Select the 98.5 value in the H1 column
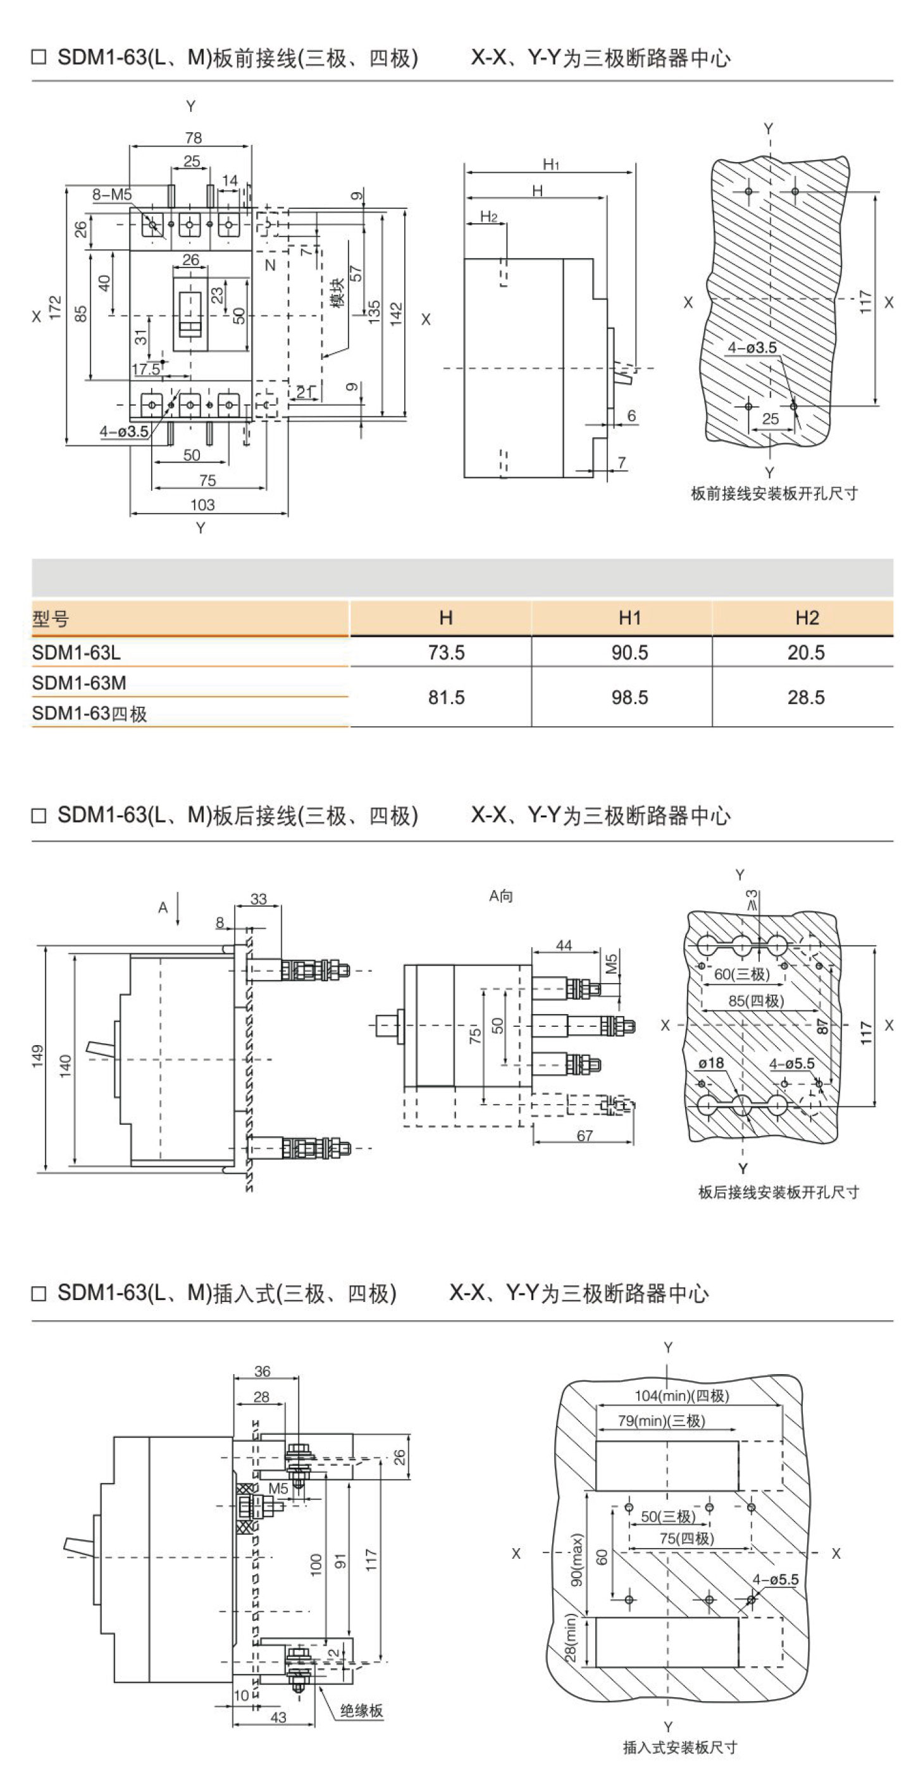pyautogui.click(x=629, y=698)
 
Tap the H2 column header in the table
pyautogui.click(x=806, y=617)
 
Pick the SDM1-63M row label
pyautogui.click(x=80, y=683)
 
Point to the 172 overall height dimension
pyautogui.click(x=55, y=307)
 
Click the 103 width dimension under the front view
pyautogui.click(x=202, y=505)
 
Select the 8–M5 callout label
pyautogui.click(x=112, y=195)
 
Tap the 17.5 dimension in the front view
pyautogui.click(x=145, y=369)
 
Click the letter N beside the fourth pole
pyautogui.click(x=270, y=264)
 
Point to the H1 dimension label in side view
pyautogui.click(x=550, y=164)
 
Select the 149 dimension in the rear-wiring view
pyautogui.click(x=37, y=1055)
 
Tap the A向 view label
pyautogui.click(x=501, y=896)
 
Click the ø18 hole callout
pyautogui.click(x=711, y=1063)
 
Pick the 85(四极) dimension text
pyautogui.click(x=756, y=1001)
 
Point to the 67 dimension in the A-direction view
pyautogui.click(x=585, y=1136)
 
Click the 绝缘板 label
pyautogui.click(x=361, y=1710)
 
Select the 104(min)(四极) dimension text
pyautogui.click(x=681, y=1395)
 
